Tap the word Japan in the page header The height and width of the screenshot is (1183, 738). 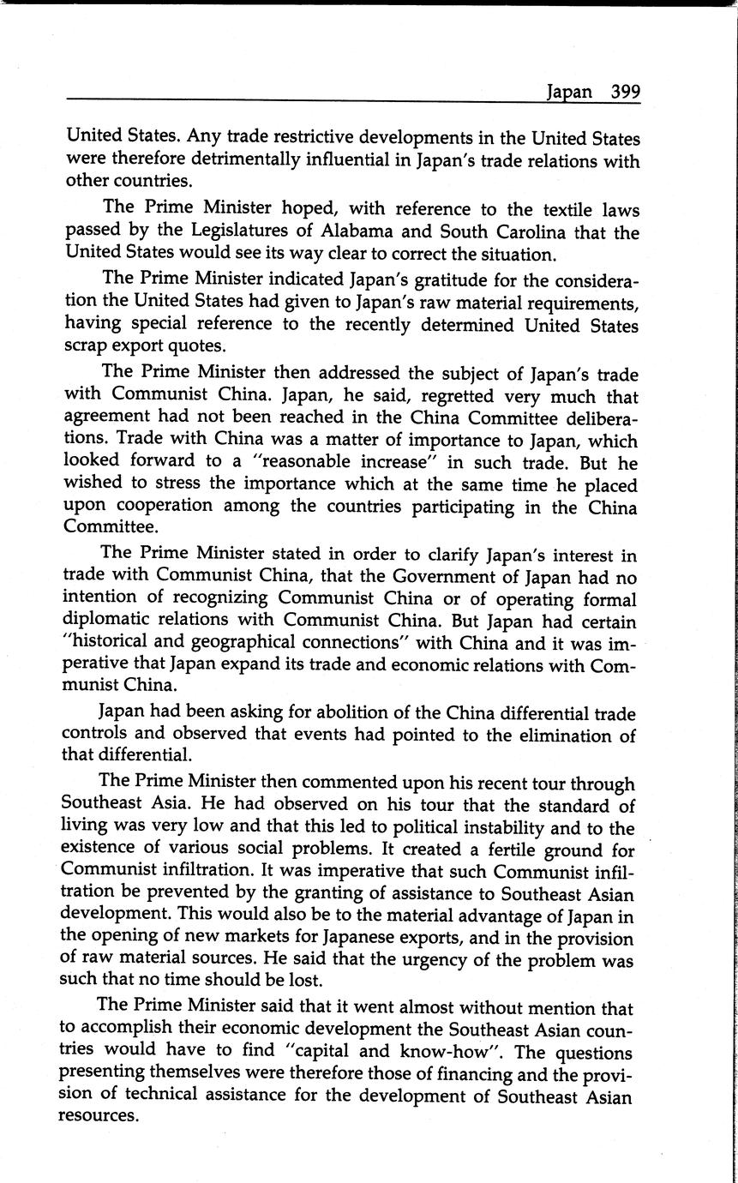click(569, 93)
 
